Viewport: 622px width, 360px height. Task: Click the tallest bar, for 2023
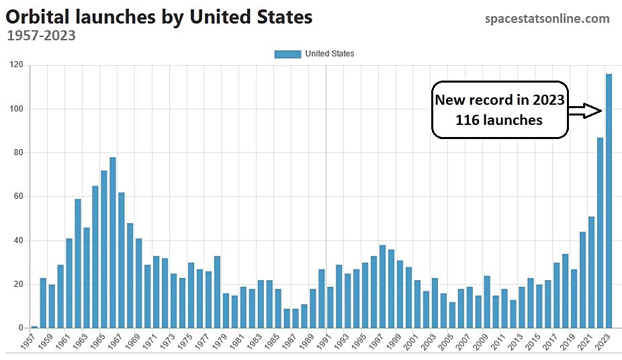click(609, 201)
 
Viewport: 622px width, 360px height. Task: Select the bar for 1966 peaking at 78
click(113, 242)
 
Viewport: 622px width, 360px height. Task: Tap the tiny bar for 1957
click(34, 327)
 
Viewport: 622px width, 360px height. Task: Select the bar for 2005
click(452, 315)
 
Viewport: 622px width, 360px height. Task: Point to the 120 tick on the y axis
click(15, 65)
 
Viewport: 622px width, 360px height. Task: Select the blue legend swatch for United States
click(287, 54)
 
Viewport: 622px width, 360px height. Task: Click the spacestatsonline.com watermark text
click(547, 19)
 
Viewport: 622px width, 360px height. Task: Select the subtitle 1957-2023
click(41, 36)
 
